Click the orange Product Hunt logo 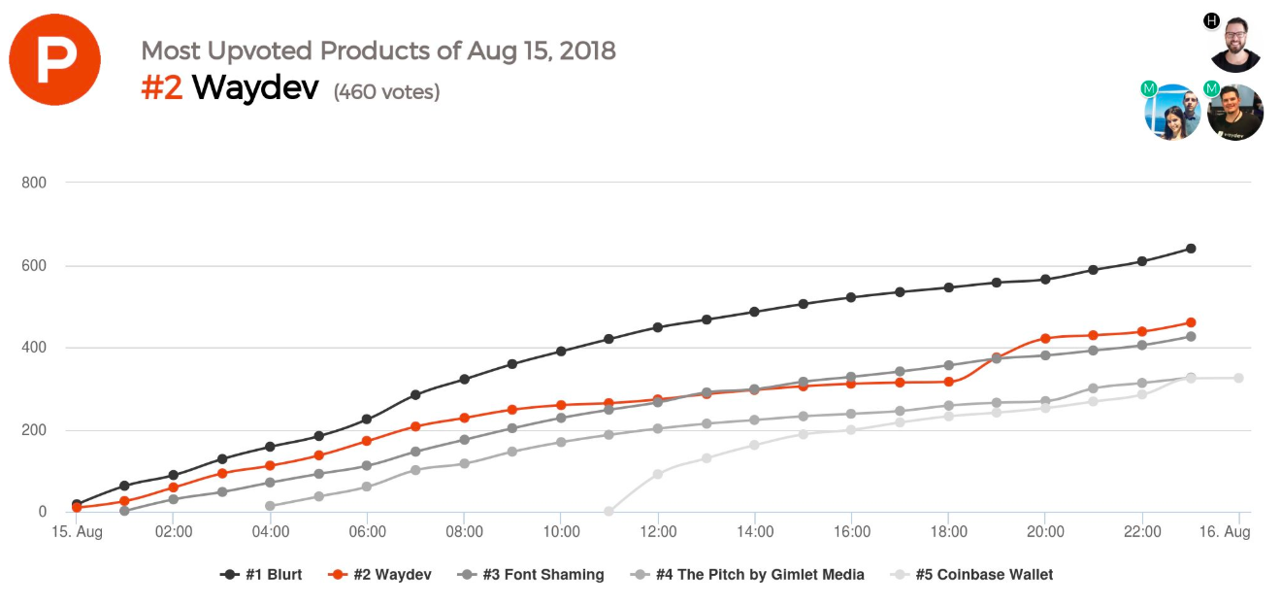click(x=54, y=59)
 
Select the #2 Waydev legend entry click(x=380, y=574)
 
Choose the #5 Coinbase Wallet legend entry click(x=971, y=574)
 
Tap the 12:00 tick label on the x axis click(x=658, y=532)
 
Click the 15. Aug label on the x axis click(x=77, y=532)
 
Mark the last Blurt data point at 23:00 click(x=1191, y=249)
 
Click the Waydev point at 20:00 click(x=1045, y=339)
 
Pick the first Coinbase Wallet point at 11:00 click(x=609, y=511)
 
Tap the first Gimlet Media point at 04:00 click(x=270, y=506)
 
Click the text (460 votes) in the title click(x=386, y=92)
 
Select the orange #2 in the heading click(x=162, y=88)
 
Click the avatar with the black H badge click(x=1235, y=45)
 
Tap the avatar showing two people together click(x=1172, y=112)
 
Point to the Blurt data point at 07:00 click(x=415, y=394)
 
